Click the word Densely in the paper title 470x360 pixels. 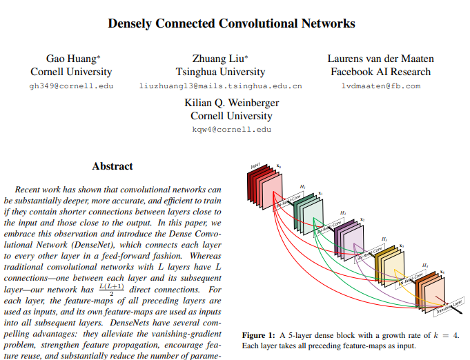coord(132,23)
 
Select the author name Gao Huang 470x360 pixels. coord(71,59)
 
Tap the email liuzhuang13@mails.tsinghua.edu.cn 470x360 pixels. coord(221,86)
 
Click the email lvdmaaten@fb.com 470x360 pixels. coord(380,86)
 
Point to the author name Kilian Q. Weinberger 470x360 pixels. coord(231,103)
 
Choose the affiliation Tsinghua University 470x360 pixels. coord(221,72)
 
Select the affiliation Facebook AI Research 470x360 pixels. coord(380,72)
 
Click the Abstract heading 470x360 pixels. coord(112,166)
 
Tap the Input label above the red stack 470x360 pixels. coord(255,167)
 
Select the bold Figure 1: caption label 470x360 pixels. coord(259,335)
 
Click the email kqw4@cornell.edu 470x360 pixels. coord(231,130)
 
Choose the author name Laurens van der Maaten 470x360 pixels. coord(380,59)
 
